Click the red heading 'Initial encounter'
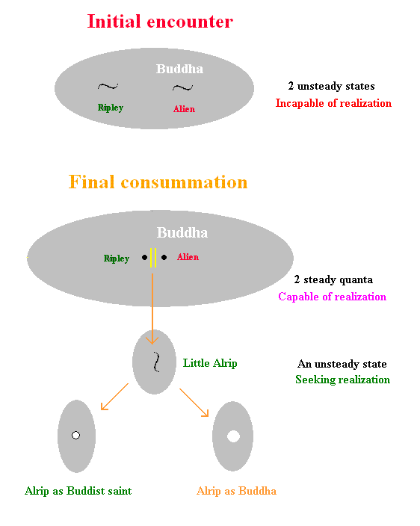coord(160,22)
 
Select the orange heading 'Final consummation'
coord(158,182)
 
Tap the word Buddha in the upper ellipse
coord(179,69)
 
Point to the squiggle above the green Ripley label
coord(108,87)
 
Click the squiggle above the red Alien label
coord(182,88)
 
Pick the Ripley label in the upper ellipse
coord(111,108)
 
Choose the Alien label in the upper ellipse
coord(184,108)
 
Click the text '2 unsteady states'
coord(331,86)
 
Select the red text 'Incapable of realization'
coord(333,103)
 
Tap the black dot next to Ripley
coord(144,257)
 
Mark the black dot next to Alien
coord(164,257)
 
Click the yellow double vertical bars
coord(153,258)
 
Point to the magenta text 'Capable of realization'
coord(332,297)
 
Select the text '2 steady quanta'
coord(333,279)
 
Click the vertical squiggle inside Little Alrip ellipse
coord(156,362)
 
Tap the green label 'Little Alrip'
coord(210,363)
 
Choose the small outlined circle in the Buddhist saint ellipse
coord(75,435)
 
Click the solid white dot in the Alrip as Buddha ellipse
coord(233,436)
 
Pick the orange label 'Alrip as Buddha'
coord(236,491)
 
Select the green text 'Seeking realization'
coord(342,380)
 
